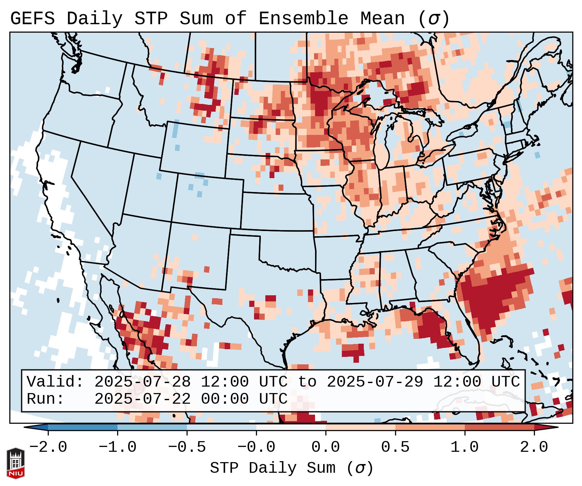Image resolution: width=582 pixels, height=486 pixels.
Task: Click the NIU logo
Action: (15, 463)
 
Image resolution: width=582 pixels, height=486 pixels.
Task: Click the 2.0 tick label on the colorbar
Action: (534, 447)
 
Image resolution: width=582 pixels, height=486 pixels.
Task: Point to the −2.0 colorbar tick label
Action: (48, 447)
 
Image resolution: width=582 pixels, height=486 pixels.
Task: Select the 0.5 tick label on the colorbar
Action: (395, 447)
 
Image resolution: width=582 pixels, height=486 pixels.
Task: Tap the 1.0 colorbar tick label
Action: (465, 447)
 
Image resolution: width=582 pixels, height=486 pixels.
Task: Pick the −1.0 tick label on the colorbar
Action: (117, 447)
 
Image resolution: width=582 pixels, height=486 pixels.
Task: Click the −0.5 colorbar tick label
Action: (187, 447)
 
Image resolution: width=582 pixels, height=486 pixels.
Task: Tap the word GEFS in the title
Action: (33, 19)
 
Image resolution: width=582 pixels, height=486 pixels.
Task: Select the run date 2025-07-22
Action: (142, 399)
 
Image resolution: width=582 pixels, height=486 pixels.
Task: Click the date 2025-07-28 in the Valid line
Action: (142, 382)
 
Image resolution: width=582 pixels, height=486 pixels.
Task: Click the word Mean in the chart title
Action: (383, 19)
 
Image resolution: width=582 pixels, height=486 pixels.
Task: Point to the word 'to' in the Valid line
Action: (307, 382)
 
